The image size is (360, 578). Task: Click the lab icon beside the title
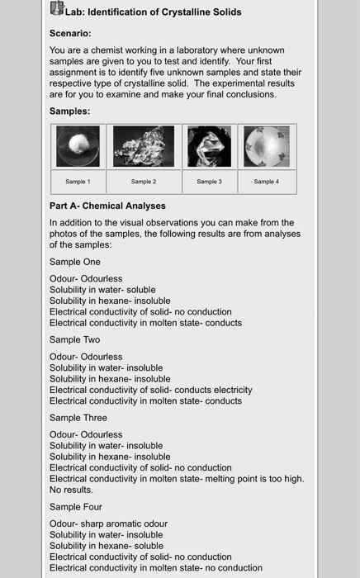point(57,10)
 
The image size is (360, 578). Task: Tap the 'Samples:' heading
point(70,111)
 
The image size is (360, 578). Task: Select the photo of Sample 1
point(78,147)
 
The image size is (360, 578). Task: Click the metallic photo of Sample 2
point(144,147)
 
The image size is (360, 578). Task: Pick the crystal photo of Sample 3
point(208,147)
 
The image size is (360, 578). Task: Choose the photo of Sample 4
point(267,147)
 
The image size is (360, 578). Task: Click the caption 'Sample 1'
point(78,182)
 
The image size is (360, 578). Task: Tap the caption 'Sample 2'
point(144,182)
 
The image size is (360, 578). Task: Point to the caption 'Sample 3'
point(208,182)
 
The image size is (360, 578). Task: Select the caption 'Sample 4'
point(267,182)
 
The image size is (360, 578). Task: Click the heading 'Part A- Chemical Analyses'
point(107,206)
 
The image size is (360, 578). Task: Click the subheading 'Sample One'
point(75,262)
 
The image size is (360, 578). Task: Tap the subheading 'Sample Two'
point(74,339)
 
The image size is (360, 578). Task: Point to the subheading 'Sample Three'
point(78,418)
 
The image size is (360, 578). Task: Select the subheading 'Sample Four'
point(76,507)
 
